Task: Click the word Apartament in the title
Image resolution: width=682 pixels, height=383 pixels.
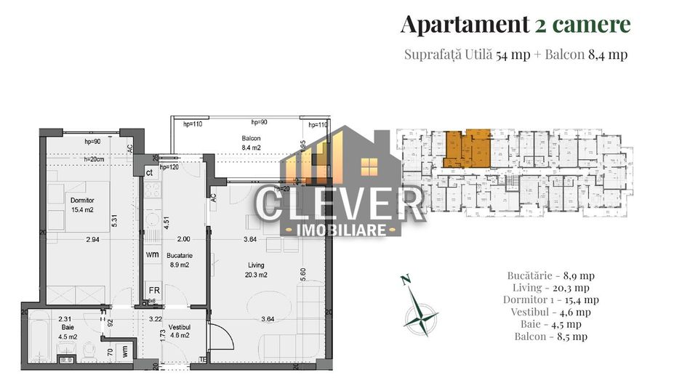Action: pyautogui.click(x=463, y=24)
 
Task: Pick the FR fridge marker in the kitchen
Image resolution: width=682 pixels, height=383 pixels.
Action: pyautogui.click(x=153, y=289)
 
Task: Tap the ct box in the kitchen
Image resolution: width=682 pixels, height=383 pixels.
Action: pyautogui.click(x=149, y=172)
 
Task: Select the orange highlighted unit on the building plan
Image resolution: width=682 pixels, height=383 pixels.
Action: pyautogui.click(x=466, y=149)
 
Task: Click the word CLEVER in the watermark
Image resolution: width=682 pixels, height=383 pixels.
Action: pyautogui.click(x=340, y=206)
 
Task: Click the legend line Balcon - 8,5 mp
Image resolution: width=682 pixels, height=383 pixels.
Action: pyautogui.click(x=550, y=336)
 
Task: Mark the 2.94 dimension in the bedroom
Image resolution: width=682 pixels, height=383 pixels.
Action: pyautogui.click(x=92, y=240)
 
